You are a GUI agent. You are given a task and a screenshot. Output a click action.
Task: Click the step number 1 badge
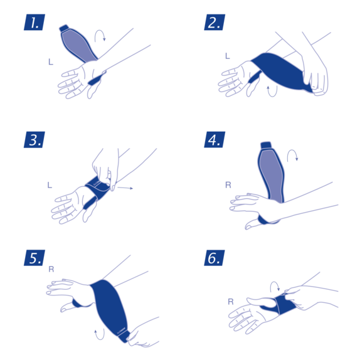pyautogui.click(x=34, y=23)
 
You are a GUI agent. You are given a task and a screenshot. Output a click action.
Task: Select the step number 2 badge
pyautogui.click(x=214, y=23)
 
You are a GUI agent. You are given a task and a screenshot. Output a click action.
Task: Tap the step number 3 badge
pyautogui.click(x=34, y=140)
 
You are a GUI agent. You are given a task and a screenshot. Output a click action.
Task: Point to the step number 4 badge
pyautogui.click(x=214, y=140)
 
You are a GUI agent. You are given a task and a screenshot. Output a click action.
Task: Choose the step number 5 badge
pyautogui.click(x=34, y=257)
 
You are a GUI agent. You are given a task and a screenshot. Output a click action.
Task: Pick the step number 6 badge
pyautogui.click(x=214, y=257)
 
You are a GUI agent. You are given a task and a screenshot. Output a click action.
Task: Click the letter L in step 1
pyautogui.click(x=50, y=61)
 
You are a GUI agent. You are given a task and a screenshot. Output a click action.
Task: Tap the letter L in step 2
pyautogui.click(x=227, y=56)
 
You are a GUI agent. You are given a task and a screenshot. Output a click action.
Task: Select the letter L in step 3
pyautogui.click(x=50, y=184)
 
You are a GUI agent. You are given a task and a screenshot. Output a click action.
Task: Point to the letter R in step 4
pyautogui.click(x=228, y=185)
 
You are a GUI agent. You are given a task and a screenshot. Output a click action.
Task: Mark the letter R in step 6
pyautogui.click(x=230, y=302)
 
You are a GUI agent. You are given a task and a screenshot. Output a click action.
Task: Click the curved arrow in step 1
pyautogui.click(x=99, y=36)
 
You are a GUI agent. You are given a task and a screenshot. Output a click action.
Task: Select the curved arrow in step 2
pyautogui.click(x=270, y=93)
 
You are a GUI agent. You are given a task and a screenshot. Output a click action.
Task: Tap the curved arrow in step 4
pyautogui.click(x=292, y=157)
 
